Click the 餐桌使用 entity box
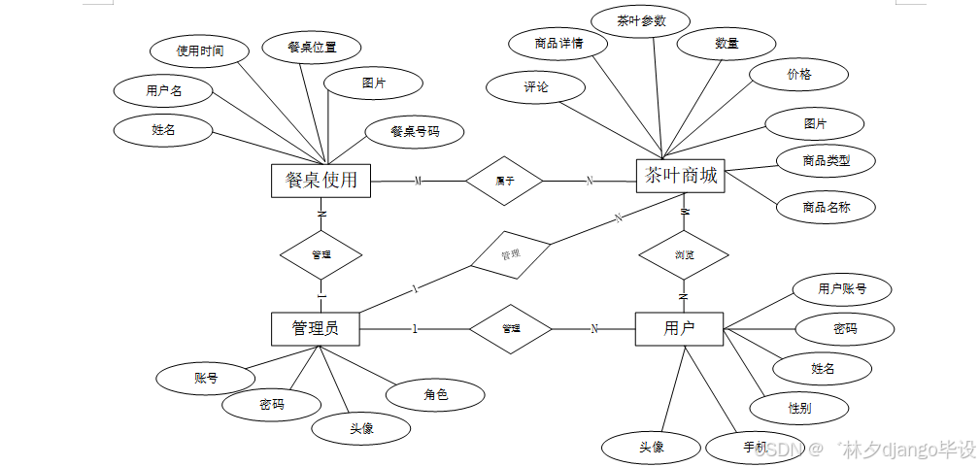(x=321, y=180)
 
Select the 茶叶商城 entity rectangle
(x=681, y=176)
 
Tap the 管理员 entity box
(x=315, y=328)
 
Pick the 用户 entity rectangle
(x=679, y=328)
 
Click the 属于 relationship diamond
(x=504, y=181)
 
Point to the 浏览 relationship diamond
(x=684, y=255)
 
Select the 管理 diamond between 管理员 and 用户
(x=511, y=329)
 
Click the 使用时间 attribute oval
(x=200, y=50)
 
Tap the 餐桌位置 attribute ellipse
(x=312, y=47)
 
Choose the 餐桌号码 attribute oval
(x=415, y=131)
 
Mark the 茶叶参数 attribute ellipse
(x=641, y=20)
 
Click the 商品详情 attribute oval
(x=558, y=44)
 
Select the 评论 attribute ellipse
(x=536, y=87)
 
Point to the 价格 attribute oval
(x=799, y=74)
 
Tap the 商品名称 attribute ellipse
(x=826, y=207)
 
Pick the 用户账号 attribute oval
(x=842, y=288)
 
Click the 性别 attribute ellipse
(x=798, y=408)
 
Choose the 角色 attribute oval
(x=435, y=394)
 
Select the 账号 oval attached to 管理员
(x=205, y=379)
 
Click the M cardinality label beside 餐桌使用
(x=418, y=181)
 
